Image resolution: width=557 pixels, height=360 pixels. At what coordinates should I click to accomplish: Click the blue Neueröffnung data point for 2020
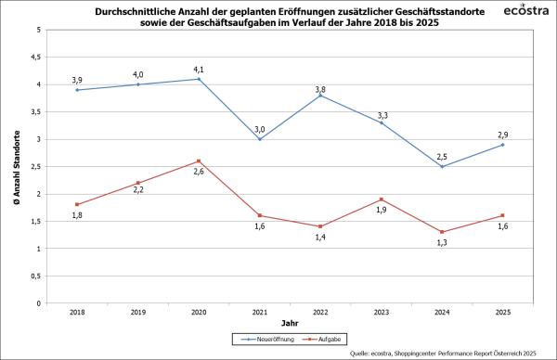(x=199, y=79)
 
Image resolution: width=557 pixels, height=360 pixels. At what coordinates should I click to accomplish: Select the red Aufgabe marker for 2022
(x=320, y=226)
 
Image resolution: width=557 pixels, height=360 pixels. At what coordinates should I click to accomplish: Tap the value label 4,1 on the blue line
(x=199, y=67)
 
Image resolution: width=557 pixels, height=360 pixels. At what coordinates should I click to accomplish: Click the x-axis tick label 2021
(x=259, y=313)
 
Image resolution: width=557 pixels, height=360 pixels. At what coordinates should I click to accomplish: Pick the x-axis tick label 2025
(x=502, y=313)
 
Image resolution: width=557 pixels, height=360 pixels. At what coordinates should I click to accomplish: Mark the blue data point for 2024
(x=442, y=166)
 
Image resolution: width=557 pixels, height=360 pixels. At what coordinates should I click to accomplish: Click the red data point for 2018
(x=77, y=204)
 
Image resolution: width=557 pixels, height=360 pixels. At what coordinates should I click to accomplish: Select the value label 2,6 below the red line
(x=199, y=173)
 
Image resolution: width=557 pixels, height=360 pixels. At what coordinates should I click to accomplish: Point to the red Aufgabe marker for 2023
(x=381, y=199)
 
